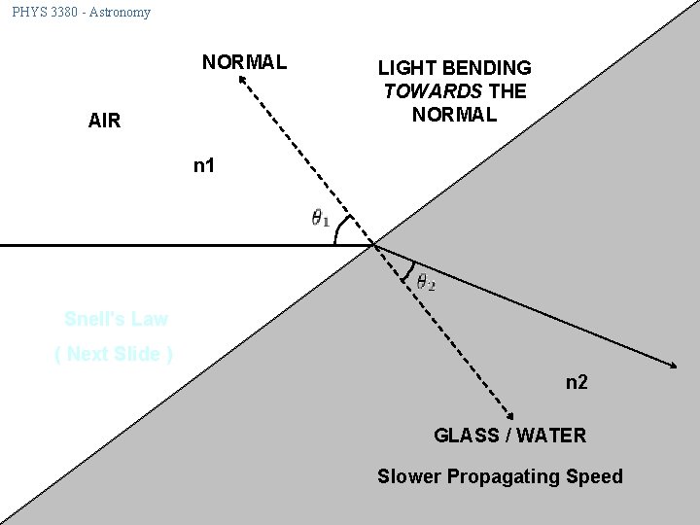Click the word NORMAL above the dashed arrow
point(244,62)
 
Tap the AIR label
point(104,122)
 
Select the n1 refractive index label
point(204,165)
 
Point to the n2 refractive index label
point(577,382)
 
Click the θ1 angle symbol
point(320,219)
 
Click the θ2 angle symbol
point(426,283)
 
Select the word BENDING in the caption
point(487,68)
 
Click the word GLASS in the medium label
point(465,436)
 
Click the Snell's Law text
point(116,319)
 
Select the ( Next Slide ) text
point(114,354)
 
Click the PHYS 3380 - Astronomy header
point(82,13)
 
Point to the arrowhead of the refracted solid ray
point(673,366)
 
